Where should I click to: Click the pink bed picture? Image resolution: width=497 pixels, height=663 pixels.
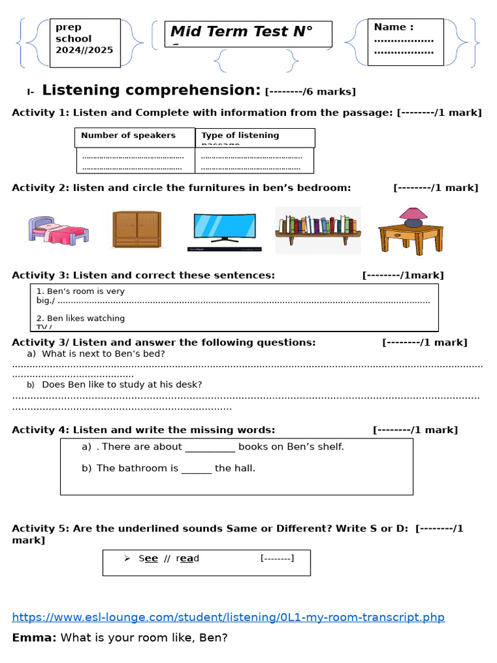[x=58, y=229]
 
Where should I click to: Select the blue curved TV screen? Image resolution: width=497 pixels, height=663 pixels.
[x=225, y=227]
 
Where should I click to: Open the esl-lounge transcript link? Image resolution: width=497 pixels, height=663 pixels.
[x=228, y=617]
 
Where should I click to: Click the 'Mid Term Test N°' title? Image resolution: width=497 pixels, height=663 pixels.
[x=241, y=32]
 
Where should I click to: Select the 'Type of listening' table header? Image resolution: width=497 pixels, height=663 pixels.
[x=240, y=135]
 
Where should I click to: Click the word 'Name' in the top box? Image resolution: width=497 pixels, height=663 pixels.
[x=390, y=27]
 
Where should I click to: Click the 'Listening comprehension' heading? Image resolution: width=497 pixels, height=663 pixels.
[x=151, y=90]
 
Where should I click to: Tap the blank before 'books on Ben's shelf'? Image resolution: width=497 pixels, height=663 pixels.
[x=210, y=447]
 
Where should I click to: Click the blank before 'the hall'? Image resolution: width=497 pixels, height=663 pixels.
[x=196, y=468]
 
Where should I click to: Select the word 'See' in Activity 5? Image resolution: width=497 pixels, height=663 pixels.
[x=148, y=558]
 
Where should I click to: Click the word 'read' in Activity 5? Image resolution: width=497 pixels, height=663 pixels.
[x=188, y=558]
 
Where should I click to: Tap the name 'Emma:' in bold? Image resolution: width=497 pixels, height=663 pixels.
[x=34, y=638]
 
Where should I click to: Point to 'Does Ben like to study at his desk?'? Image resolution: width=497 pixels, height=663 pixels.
[x=122, y=385]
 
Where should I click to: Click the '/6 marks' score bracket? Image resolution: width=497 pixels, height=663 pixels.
[x=311, y=91]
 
